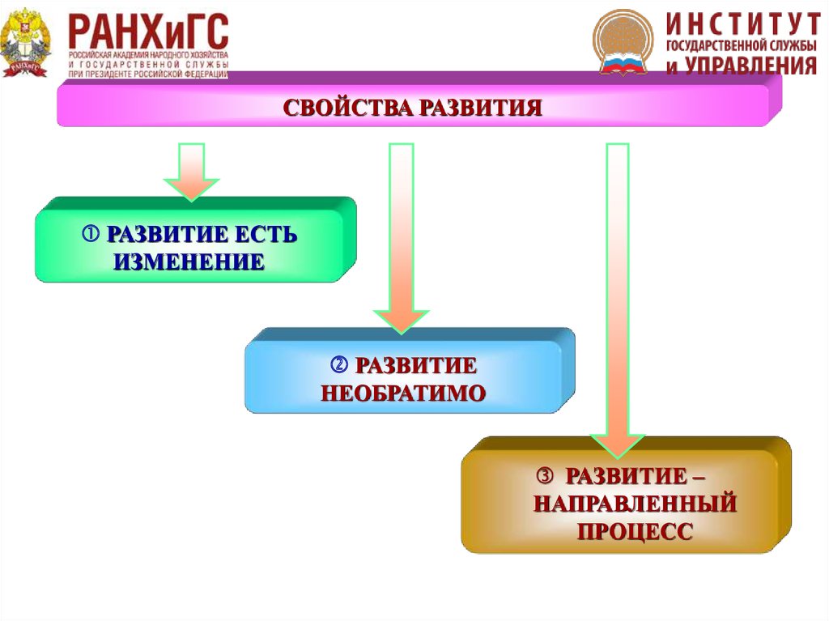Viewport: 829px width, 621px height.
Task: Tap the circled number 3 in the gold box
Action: click(546, 474)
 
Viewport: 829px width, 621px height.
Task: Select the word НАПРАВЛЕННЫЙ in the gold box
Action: click(635, 503)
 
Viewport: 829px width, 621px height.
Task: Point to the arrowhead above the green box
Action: click(192, 187)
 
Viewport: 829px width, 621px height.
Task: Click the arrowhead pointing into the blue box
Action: click(402, 320)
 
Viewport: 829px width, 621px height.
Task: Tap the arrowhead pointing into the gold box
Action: click(618, 444)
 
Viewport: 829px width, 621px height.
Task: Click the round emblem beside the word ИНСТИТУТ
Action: click(623, 42)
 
